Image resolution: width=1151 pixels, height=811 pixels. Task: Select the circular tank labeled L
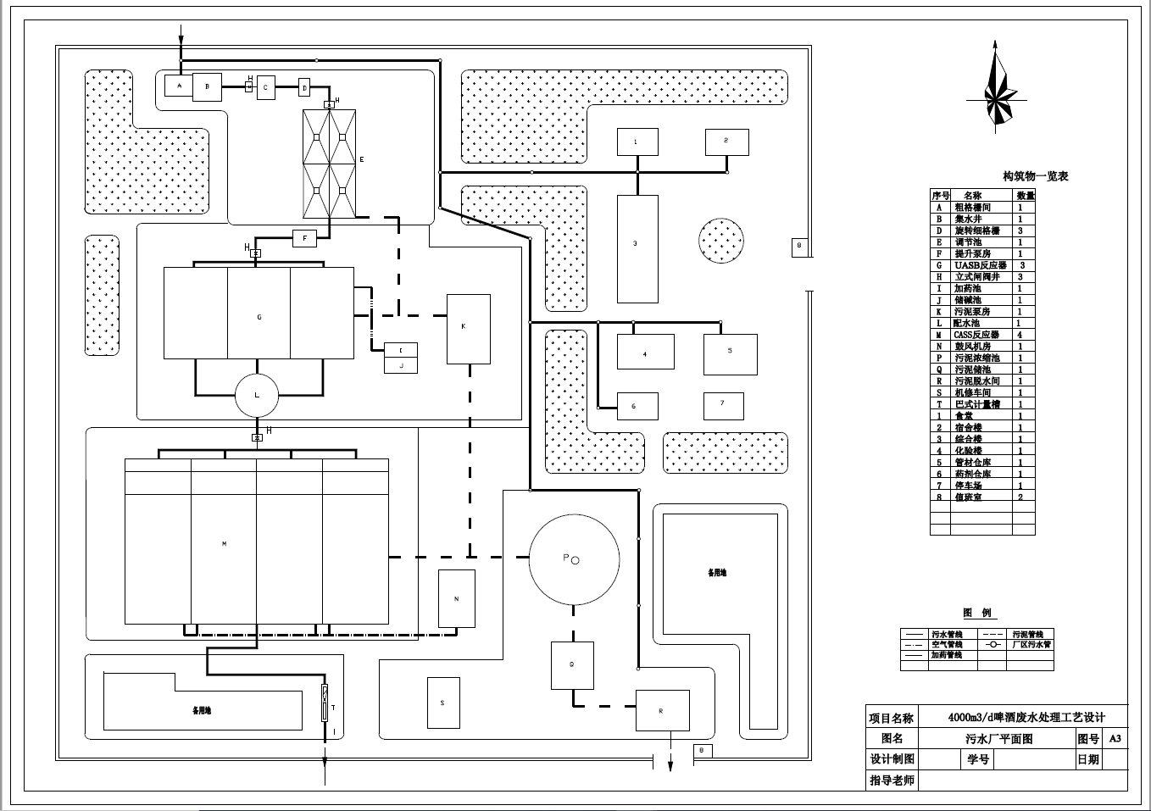pyautogui.click(x=257, y=395)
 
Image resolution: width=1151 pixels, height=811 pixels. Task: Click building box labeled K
pyautogui.click(x=468, y=329)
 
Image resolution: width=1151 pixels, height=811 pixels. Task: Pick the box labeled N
pyautogui.click(x=457, y=598)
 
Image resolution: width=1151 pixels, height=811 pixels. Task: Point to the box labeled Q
pyautogui.click(x=572, y=665)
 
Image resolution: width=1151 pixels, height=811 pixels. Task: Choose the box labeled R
pyautogui.click(x=662, y=710)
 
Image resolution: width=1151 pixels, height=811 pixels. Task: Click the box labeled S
pyautogui.click(x=443, y=703)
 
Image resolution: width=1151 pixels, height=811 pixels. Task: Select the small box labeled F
pyautogui.click(x=304, y=238)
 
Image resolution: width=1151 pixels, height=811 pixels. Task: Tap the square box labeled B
pyautogui.click(x=207, y=86)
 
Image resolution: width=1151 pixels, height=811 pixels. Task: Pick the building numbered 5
pyautogui.click(x=730, y=354)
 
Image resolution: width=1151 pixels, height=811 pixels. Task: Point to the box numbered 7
pyautogui.click(x=723, y=405)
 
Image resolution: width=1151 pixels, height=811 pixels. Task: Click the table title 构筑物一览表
pyautogui.click(x=1035, y=176)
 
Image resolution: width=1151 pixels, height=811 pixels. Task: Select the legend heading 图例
pyautogui.click(x=976, y=613)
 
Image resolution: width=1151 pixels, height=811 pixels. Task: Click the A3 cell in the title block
pyautogui.click(x=1115, y=738)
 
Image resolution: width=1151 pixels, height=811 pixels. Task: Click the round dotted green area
pyautogui.click(x=721, y=240)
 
